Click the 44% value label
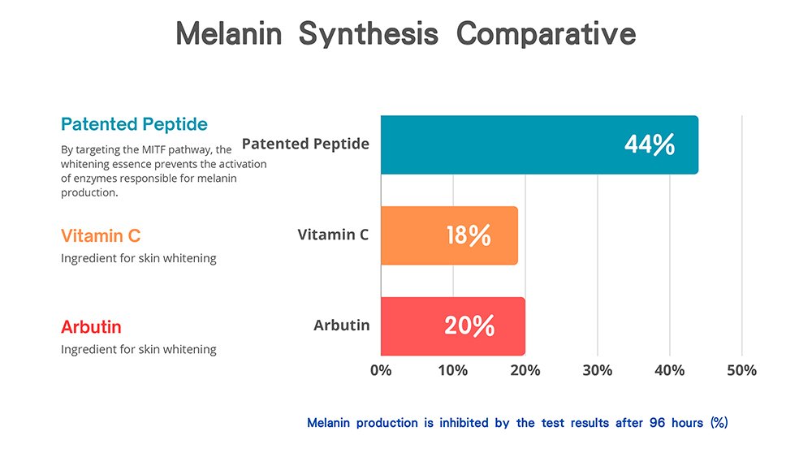click(x=650, y=145)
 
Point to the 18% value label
click(x=469, y=235)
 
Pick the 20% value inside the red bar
click(x=469, y=326)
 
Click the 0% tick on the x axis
click(x=381, y=370)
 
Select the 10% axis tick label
click(x=453, y=370)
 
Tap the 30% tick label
click(x=598, y=370)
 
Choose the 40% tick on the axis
click(x=670, y=370)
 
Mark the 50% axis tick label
click(x=741, y=370)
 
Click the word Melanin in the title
click(x=229, y=34)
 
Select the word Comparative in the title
click(x=546, y=34)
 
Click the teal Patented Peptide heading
click(x=134, y=124)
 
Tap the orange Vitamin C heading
click(x=101, y=235)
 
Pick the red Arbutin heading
click(x=91, y=327)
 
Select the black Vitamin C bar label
click(x=333, y=235)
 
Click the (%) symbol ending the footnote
click(x=719, y=423)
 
